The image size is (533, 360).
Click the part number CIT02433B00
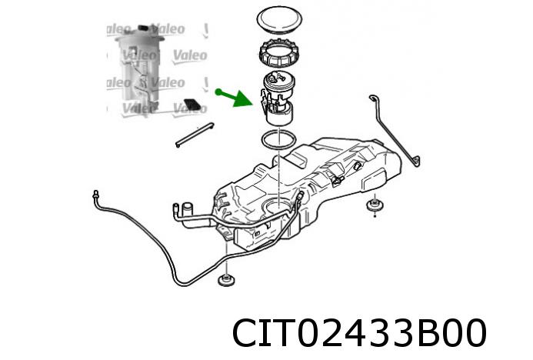tap(359, 334)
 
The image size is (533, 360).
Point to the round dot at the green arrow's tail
tap(218, 92)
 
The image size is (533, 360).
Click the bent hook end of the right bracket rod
tap(416, 161)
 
